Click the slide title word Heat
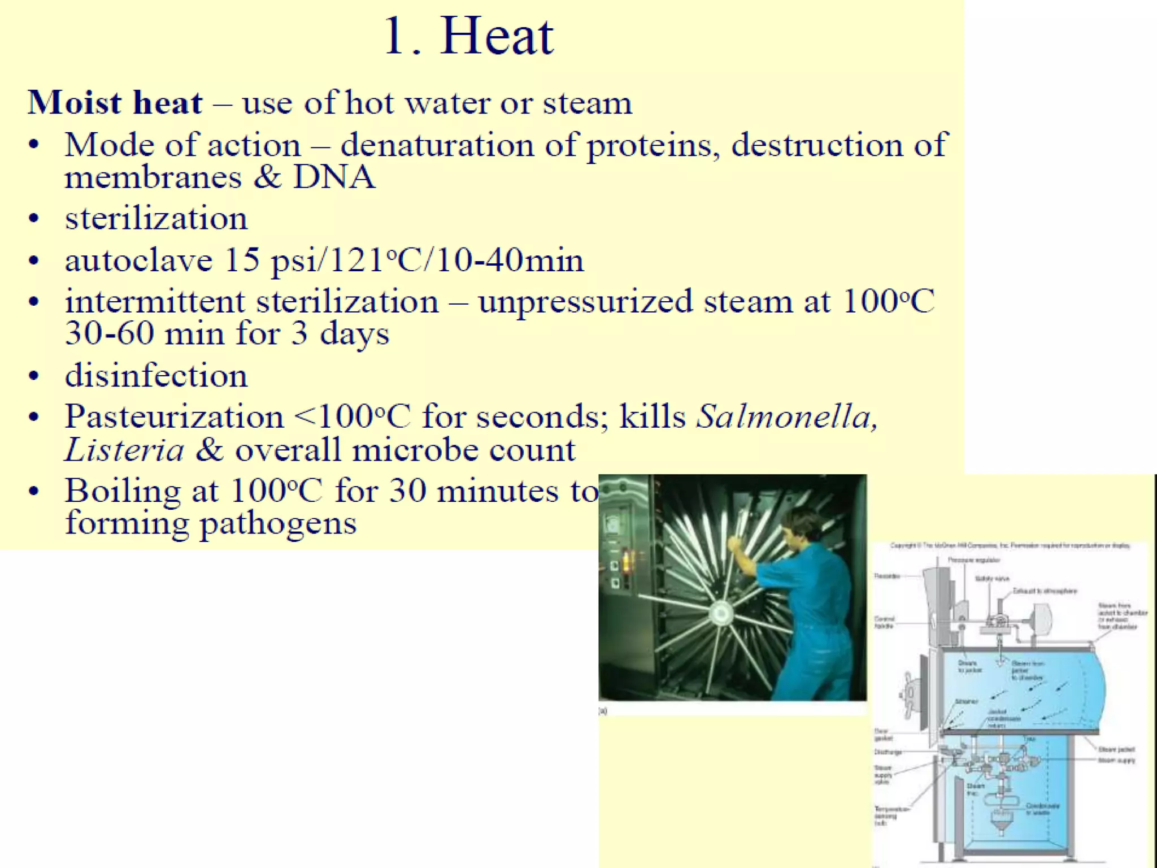[497, 37]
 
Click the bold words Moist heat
[115, 103]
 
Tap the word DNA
[334, 177]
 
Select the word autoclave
[138, 261]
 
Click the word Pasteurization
[174, 417]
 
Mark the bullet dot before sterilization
[34, 219]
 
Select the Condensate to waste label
[1042, 809]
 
